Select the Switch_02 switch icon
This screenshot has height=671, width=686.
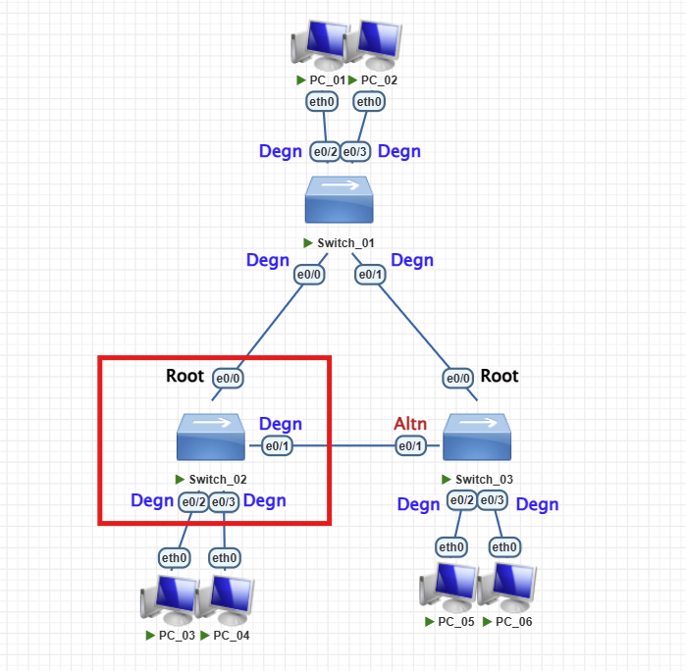pyautogui.click(x=211, y=438)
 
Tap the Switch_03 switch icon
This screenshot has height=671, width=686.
pyautogui.click(x=477, y=438)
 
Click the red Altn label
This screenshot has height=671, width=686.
pyautogui.click(x=410, y=424)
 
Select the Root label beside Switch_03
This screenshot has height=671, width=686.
pyautogui.click(x=499, y=376)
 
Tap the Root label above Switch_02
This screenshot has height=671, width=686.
pyautogui.click(x=185, y=376)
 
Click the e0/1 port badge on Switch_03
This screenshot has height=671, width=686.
pyautogui.click(x=410, y=446)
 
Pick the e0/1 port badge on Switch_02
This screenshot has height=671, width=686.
pyautogui.click(x=278, y=446)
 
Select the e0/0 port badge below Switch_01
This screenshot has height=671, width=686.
pyautogui.click(x=309, y=276)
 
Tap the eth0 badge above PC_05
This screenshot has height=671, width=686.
pyautogui.click(x=450, y=546)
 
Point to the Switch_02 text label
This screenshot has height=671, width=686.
pyautogui.click(x=217, y=480)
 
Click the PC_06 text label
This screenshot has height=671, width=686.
pyautogui.click(x=515, y=622)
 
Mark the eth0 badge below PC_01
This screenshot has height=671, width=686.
pyautogui.click(x=322, y=101)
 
